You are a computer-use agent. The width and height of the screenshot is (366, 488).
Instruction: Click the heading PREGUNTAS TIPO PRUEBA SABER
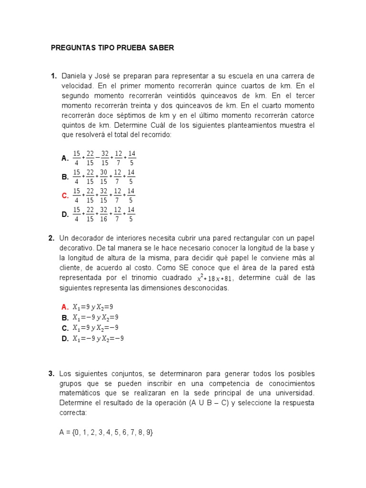pos(112,48)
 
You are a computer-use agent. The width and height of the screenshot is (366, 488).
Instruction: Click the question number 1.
pos(53,76)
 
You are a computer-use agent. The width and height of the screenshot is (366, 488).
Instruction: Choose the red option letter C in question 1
pos(65,196)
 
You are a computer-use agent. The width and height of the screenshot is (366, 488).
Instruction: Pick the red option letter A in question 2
pos(65,307)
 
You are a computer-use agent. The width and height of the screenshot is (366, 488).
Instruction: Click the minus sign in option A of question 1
pos(97,158)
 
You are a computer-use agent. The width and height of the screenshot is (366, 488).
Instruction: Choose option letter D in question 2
pos(65,339)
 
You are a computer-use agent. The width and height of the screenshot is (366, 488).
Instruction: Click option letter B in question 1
pos(65,177)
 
